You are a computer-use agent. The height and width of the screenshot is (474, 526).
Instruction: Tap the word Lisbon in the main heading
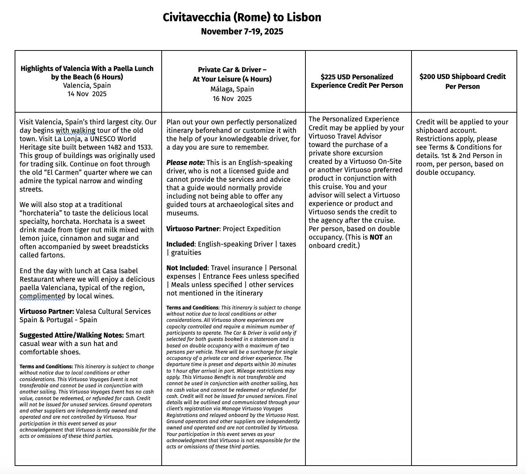(x=304, y=17)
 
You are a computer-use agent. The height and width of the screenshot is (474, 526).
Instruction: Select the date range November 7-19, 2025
(x=242, y=31)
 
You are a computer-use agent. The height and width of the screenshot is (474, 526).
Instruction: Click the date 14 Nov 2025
(x=87, y=94)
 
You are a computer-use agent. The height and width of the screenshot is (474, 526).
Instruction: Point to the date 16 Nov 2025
(x=232, y=99)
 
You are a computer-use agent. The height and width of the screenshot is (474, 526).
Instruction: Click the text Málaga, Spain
(x=232, y=89)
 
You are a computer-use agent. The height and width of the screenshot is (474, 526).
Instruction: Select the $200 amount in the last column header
(x=427, y=77)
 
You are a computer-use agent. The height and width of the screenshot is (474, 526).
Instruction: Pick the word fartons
(x=53, y=255)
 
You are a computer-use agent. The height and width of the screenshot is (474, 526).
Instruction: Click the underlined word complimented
(x=42, y=296)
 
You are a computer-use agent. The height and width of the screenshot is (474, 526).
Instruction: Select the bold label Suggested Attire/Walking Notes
(x=72, y=335)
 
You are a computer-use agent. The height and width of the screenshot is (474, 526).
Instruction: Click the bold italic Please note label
(x=185, y=163)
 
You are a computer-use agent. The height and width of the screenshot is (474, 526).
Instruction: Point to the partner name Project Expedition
(x=252, y=229)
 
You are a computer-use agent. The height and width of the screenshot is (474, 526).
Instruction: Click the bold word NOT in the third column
(x=376, y=237)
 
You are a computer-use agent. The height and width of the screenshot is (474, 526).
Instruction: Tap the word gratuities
(x=186, y=253)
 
